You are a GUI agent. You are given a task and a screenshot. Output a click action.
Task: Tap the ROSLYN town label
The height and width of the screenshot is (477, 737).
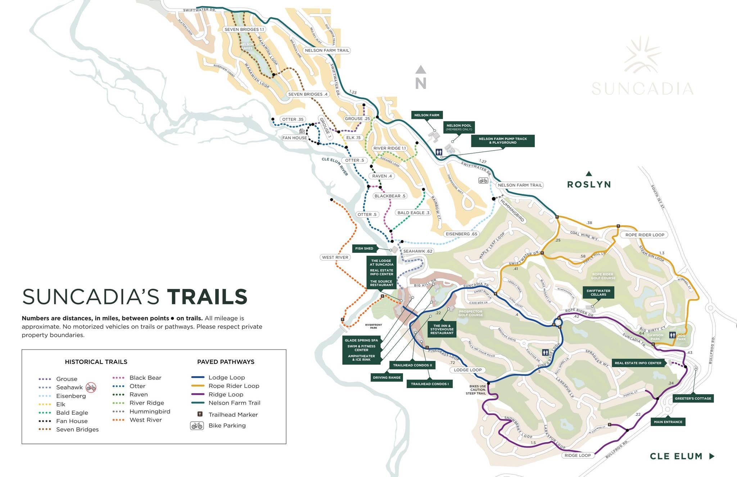(589, 185)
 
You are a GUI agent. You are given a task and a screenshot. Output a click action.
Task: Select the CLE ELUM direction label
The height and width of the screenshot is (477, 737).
(676, 456)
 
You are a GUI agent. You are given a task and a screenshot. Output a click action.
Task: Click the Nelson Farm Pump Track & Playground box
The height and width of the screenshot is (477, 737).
(502, 141)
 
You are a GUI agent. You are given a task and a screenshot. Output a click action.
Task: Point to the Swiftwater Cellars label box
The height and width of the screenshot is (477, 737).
(598, 293)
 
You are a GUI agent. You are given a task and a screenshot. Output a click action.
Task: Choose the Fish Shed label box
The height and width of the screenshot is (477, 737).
(364, 248)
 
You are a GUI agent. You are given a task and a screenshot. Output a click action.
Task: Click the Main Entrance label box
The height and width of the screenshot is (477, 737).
(668, 422)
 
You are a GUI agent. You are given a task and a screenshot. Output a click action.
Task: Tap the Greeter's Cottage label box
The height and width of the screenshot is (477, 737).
(693, 399)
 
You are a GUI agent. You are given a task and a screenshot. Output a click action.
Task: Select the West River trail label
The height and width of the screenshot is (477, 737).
(335, 257)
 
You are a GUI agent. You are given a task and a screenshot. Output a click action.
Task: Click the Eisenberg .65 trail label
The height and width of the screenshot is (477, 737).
(461, 234)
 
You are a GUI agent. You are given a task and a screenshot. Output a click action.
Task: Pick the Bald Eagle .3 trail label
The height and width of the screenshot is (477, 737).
(413, 213)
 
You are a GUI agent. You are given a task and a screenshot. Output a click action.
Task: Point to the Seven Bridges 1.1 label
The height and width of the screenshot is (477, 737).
(244, 30)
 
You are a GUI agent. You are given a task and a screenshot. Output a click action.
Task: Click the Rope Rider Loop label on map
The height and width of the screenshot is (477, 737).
(645, 235)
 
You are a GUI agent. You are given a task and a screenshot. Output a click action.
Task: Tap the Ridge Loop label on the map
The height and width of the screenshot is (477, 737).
(577, 455)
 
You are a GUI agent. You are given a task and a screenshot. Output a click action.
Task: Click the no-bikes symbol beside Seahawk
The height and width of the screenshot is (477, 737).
(91, 387)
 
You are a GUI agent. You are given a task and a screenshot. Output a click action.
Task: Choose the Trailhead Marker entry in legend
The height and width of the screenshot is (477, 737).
(233, 415)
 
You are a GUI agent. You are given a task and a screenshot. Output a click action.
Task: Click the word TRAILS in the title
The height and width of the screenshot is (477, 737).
(207, 297)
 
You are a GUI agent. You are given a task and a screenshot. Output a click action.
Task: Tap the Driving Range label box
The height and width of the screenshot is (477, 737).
(386, 378)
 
